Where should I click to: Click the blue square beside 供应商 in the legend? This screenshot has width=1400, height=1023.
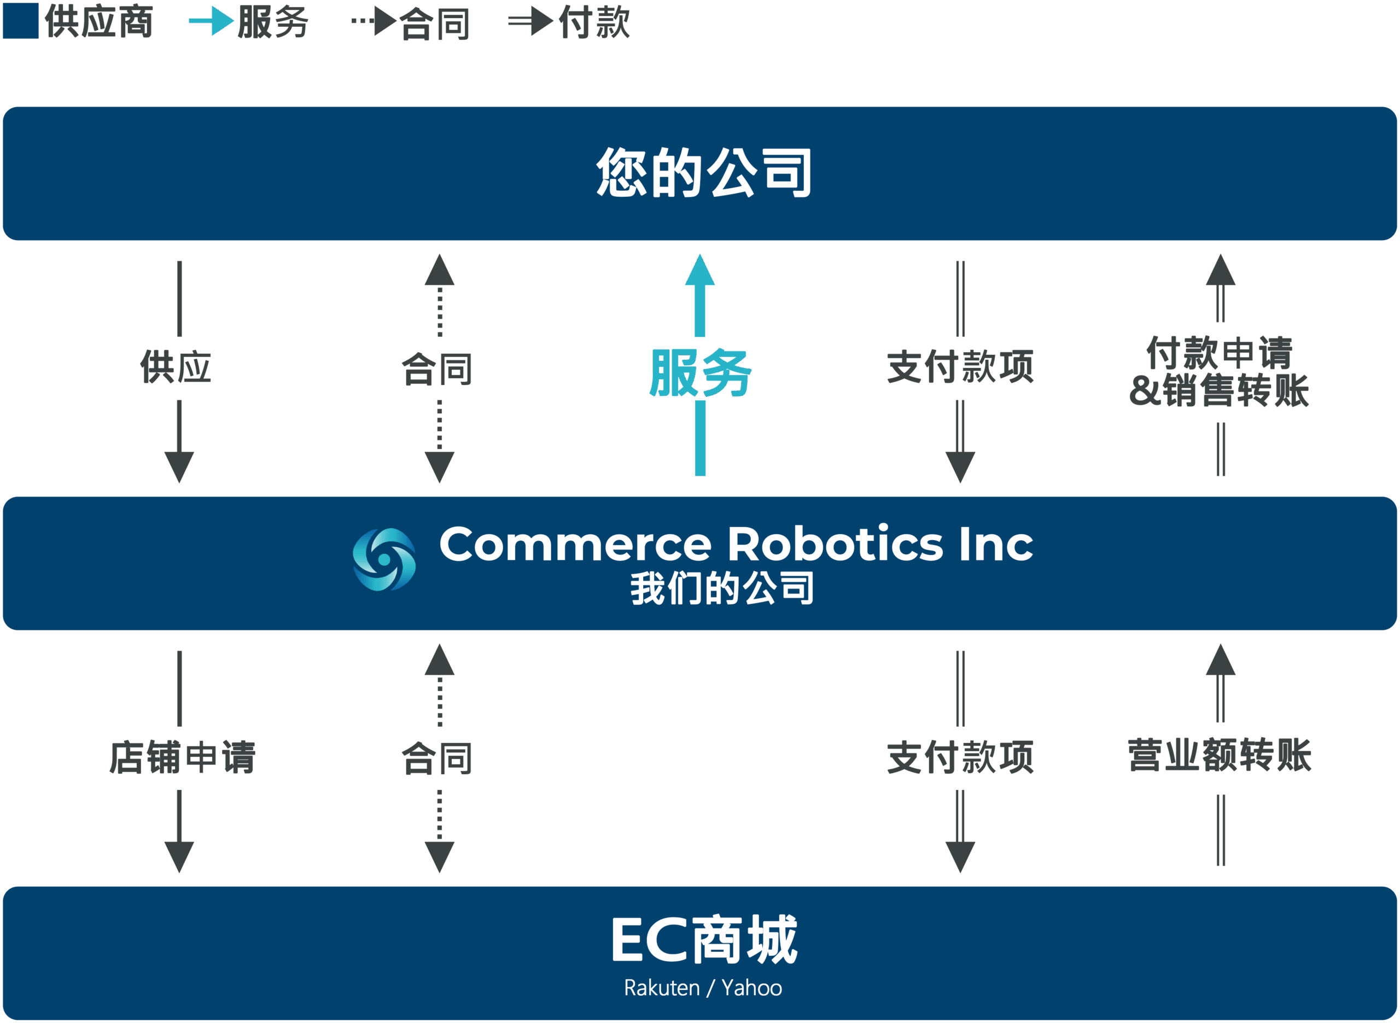21,21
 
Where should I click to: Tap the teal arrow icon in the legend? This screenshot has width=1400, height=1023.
211,22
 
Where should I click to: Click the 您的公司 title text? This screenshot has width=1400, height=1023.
704,173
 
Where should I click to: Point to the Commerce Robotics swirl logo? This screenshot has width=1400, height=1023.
384,559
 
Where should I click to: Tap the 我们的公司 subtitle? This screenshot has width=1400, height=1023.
722,588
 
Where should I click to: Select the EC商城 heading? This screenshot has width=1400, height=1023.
704,940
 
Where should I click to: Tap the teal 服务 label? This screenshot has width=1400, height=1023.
701,372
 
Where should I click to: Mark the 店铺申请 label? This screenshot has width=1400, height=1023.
182,757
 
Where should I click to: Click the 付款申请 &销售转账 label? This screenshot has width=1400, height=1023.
1219,372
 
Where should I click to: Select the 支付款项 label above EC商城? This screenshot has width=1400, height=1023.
960,757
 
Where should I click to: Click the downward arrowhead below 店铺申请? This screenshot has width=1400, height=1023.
179,856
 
